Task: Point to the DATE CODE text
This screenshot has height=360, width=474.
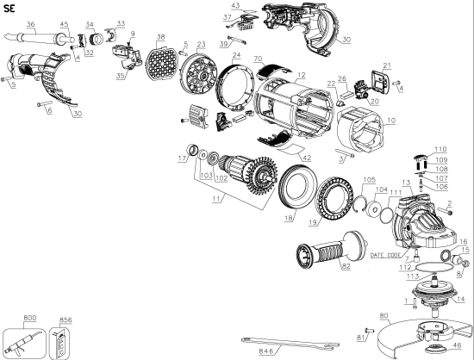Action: (386, 256)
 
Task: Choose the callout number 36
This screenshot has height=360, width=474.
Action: (31, 22)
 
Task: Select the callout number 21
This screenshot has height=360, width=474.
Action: (387, 66)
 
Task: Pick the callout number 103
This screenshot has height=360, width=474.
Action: (204, 177)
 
